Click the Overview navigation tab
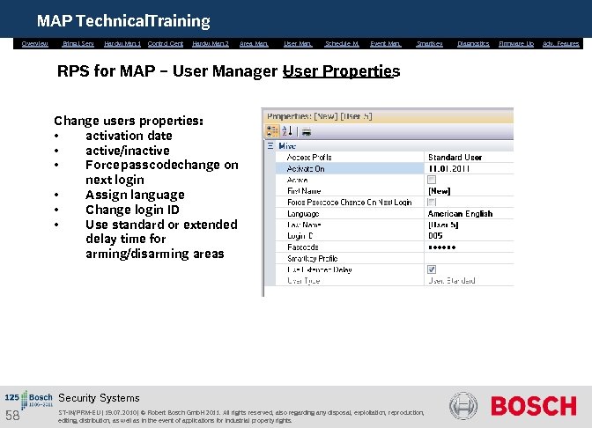[x=34, y=43]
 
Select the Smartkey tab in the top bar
[x=429, y=43]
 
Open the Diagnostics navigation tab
[x=473, y=43]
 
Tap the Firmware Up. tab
[x=516, y=43]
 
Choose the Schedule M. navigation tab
[x=341, y=43]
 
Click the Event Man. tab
[x=385, y=43]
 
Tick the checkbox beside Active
[x=432, y=180]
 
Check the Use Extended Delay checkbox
[x=432, y=270]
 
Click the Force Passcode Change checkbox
[x=432, y=203]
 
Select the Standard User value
[x=455, y=157]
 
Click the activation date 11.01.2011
[x=449, y=168]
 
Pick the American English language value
[x=460, y=214]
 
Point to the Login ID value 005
[x=436, y=236]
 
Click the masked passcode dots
[x=442, y=247]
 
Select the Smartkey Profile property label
[x=313, y=259]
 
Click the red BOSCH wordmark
[x=533, y=406]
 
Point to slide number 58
[x=12, y=415]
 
